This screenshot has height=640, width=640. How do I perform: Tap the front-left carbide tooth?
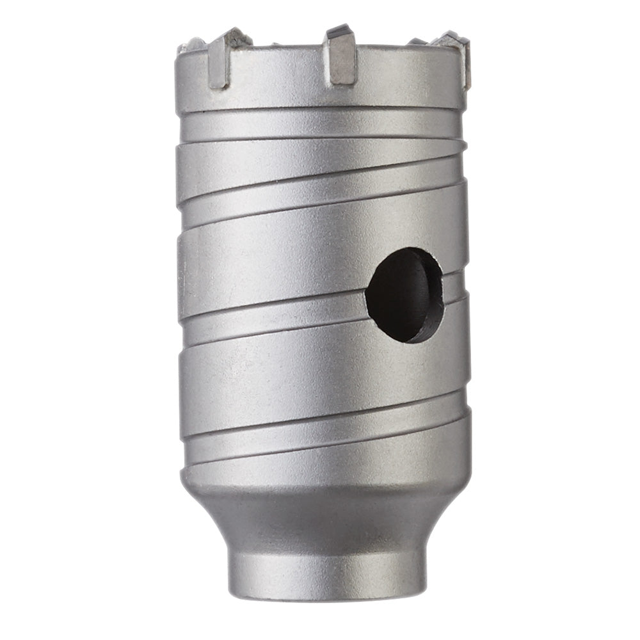[x=221, y=61]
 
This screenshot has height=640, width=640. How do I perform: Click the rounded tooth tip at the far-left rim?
[x=190, y=45]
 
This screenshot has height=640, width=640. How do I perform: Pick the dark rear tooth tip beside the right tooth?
[x=418, y=42]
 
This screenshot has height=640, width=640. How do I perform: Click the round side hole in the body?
[x=404, y=294]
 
